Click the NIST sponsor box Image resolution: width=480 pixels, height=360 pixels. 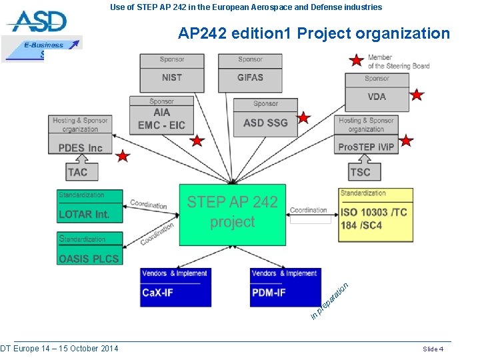171,73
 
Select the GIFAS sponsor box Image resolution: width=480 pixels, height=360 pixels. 250,73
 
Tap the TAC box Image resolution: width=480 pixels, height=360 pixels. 77,171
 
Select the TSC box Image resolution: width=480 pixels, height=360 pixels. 360,171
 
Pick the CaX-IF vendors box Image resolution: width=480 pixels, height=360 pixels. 176,287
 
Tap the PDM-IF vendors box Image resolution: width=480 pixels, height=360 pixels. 285,287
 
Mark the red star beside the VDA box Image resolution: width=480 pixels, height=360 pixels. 417,95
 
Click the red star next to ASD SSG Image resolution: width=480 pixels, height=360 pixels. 303,118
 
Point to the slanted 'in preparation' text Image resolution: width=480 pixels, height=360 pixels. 329,300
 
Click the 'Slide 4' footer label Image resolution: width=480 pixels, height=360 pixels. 433,349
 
